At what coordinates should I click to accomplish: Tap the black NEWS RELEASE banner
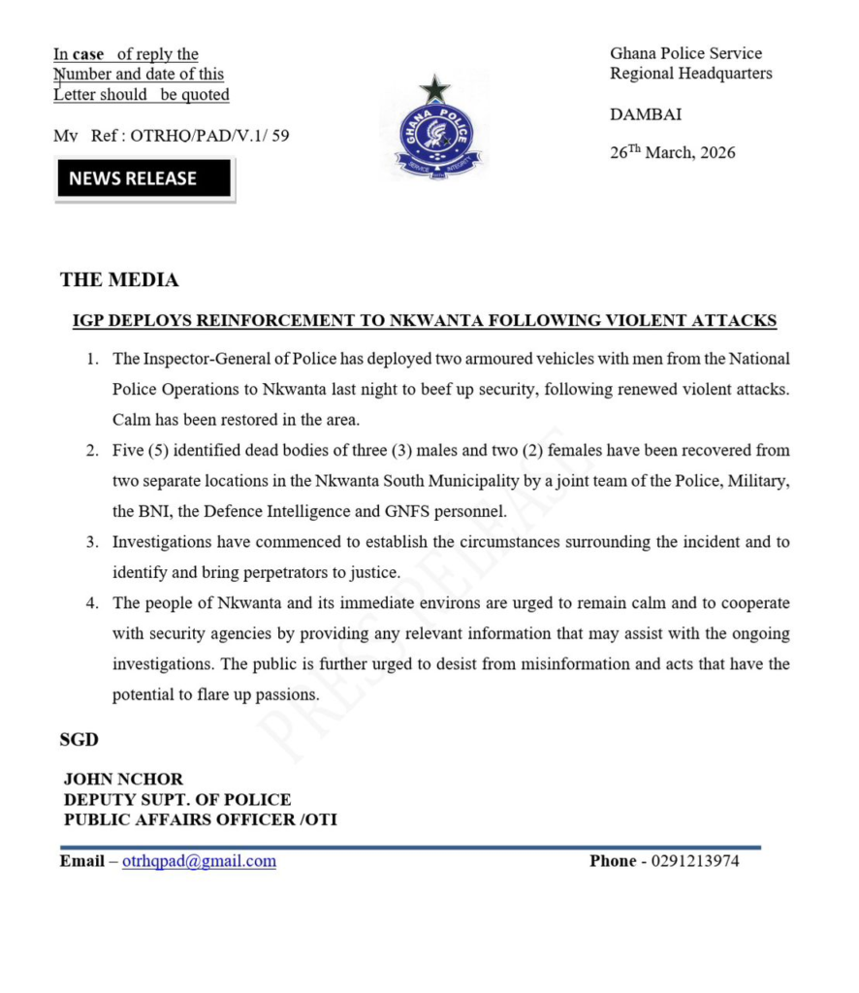click(143, 179)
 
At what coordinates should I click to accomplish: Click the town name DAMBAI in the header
click(646, 114)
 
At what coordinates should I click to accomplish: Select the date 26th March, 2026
click(672, 152)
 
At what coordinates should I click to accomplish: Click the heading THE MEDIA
click(119, 280)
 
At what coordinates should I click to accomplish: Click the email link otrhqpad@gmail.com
click(199, 861)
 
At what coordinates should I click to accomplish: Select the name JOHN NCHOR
click(123, 779)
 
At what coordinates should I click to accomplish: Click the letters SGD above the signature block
click(80, 740)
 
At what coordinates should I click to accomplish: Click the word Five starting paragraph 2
click(129, 451)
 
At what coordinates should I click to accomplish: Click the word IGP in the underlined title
click(90, 321)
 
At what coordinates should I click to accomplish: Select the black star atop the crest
click(434, 89)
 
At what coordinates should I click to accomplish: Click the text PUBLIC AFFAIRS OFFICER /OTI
click(201, 819)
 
